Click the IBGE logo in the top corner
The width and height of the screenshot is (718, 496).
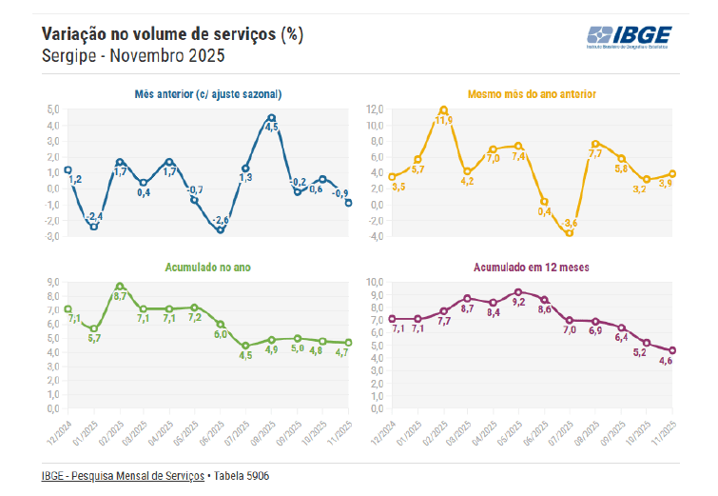[x=630, y=37]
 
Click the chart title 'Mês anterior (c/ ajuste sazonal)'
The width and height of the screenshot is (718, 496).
[x=207, y=94]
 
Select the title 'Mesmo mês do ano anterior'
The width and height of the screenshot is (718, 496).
[x=532, y=94]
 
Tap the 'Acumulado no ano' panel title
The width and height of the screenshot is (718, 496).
[x=207, y=268]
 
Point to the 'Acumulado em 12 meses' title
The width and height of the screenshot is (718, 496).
[x=532, y=268]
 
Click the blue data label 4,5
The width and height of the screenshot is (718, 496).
[x=271, y=127]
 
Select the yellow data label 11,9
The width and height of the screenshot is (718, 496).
[x=444, y=120]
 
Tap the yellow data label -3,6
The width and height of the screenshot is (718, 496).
[x=571, y=223]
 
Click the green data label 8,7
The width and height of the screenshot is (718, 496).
[x=120, y=296]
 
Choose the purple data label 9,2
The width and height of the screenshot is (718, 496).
[x=518, y=302]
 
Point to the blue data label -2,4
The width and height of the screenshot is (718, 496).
[x=95, y=217]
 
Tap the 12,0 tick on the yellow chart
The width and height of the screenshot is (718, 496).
[x=373, y=109]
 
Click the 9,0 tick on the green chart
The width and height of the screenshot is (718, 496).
[x=53, y=282]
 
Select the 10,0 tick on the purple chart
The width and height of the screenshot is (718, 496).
[x=373, y=282]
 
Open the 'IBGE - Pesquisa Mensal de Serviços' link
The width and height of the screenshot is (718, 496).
[x=123, y=475]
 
